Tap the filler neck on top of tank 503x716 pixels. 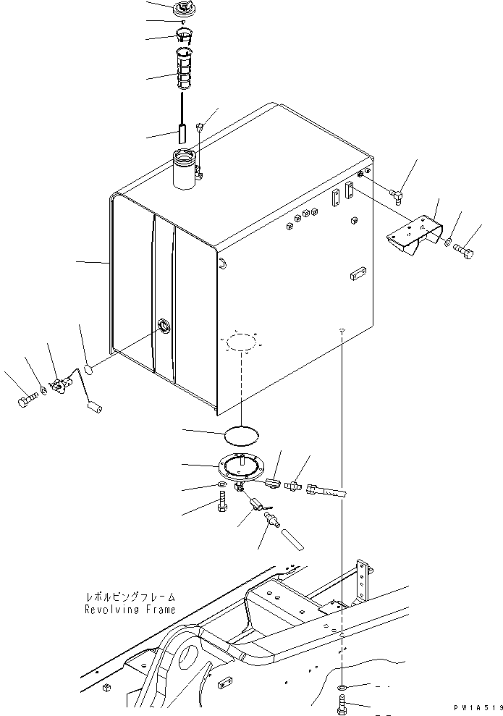pos(186,169)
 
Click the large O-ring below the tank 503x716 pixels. pos(239,434)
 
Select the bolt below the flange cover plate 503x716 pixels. pos(222,501)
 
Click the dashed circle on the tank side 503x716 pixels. pos(238,342)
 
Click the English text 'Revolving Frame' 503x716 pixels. pos(129,610)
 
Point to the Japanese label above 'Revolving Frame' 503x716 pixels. pos(129,598)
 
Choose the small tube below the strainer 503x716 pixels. pos(182,134)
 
